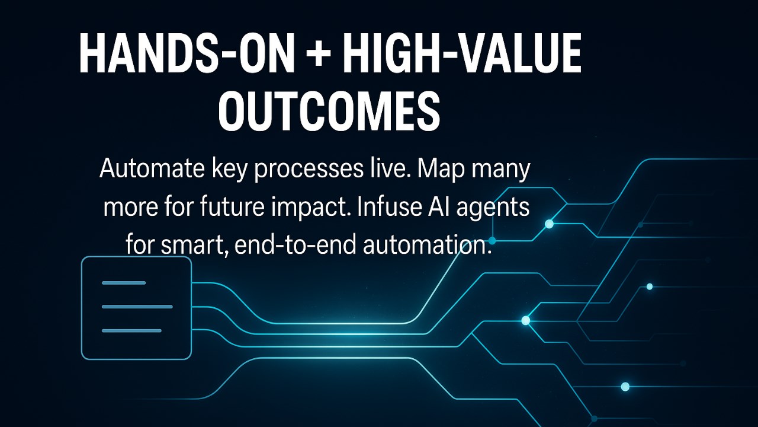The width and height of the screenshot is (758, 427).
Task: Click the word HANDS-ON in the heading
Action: point(187,54)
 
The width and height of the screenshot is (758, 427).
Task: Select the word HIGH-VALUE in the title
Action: point(462,54)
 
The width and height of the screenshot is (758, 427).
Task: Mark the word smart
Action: point(194,245)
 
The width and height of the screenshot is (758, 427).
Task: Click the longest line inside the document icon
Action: point(137,307)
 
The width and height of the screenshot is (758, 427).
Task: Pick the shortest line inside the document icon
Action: point(124,283)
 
